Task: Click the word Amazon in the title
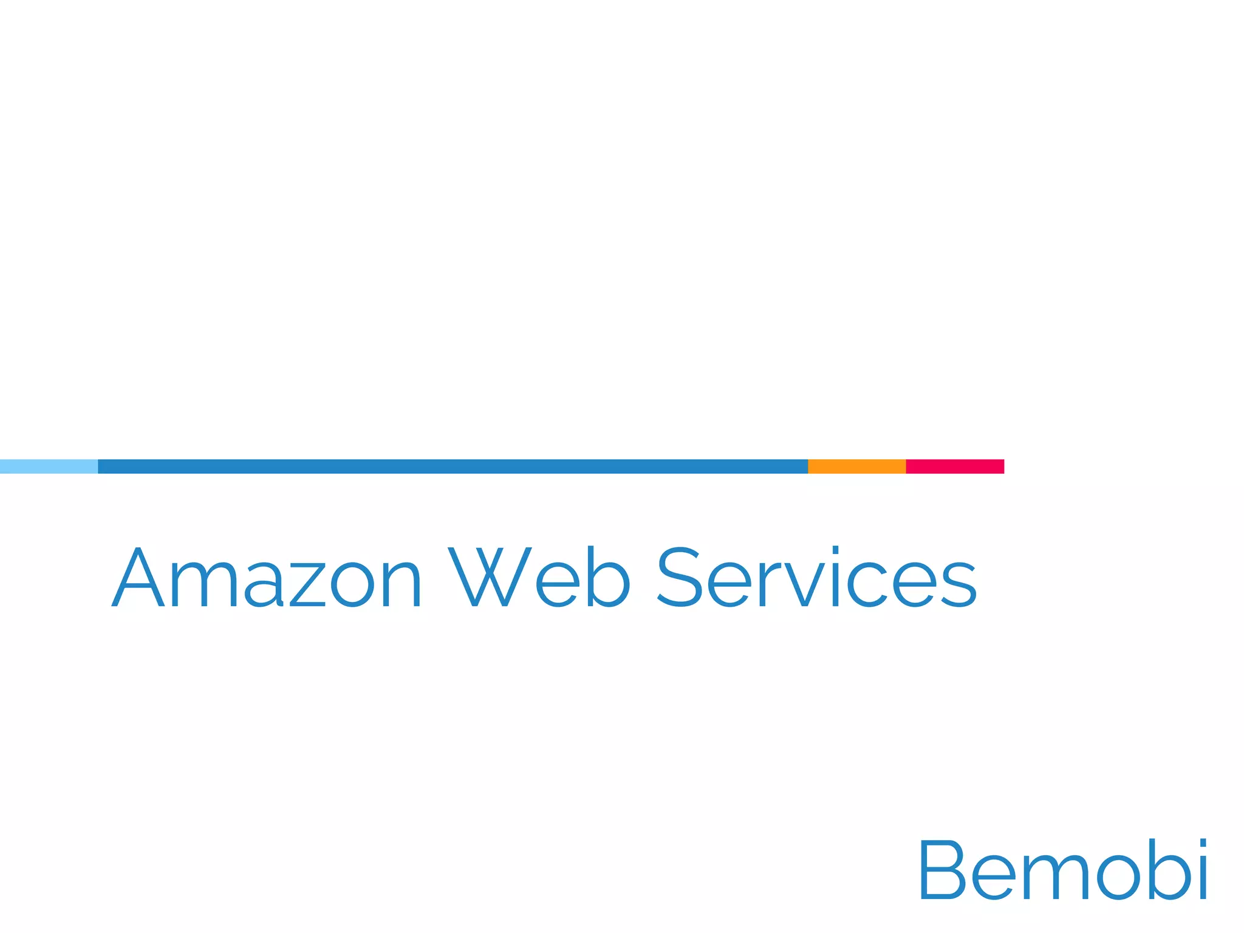coord(266,577)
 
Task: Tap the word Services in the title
coord(817,577)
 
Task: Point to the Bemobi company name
coord(1063,870)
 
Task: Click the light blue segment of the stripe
coord(49,466)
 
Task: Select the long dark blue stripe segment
coord(453,466)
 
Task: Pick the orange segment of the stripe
coord(856,466)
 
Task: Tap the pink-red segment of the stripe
coord(955,466)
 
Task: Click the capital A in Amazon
coord(138,577)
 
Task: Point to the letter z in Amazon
coord(312,584)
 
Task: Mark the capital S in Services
coord(680,577)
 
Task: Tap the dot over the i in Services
coord(835,550)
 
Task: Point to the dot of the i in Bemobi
coord(1202,843)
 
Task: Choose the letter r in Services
coord(767,584)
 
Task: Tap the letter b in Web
coord(608,577)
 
